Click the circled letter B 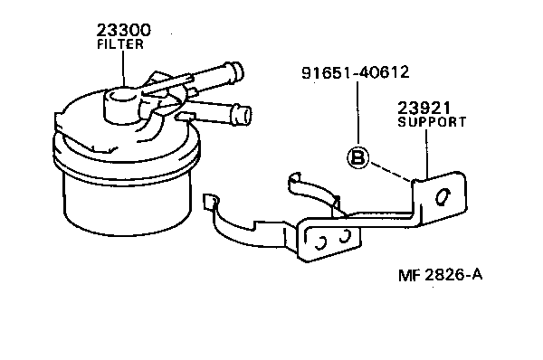(358, 158)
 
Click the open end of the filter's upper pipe (235, 70)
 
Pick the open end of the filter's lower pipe (242, 114)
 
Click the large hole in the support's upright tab (442, 197)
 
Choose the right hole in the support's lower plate (343, 237)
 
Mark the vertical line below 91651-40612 (358, 113)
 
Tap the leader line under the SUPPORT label (426, 154)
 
